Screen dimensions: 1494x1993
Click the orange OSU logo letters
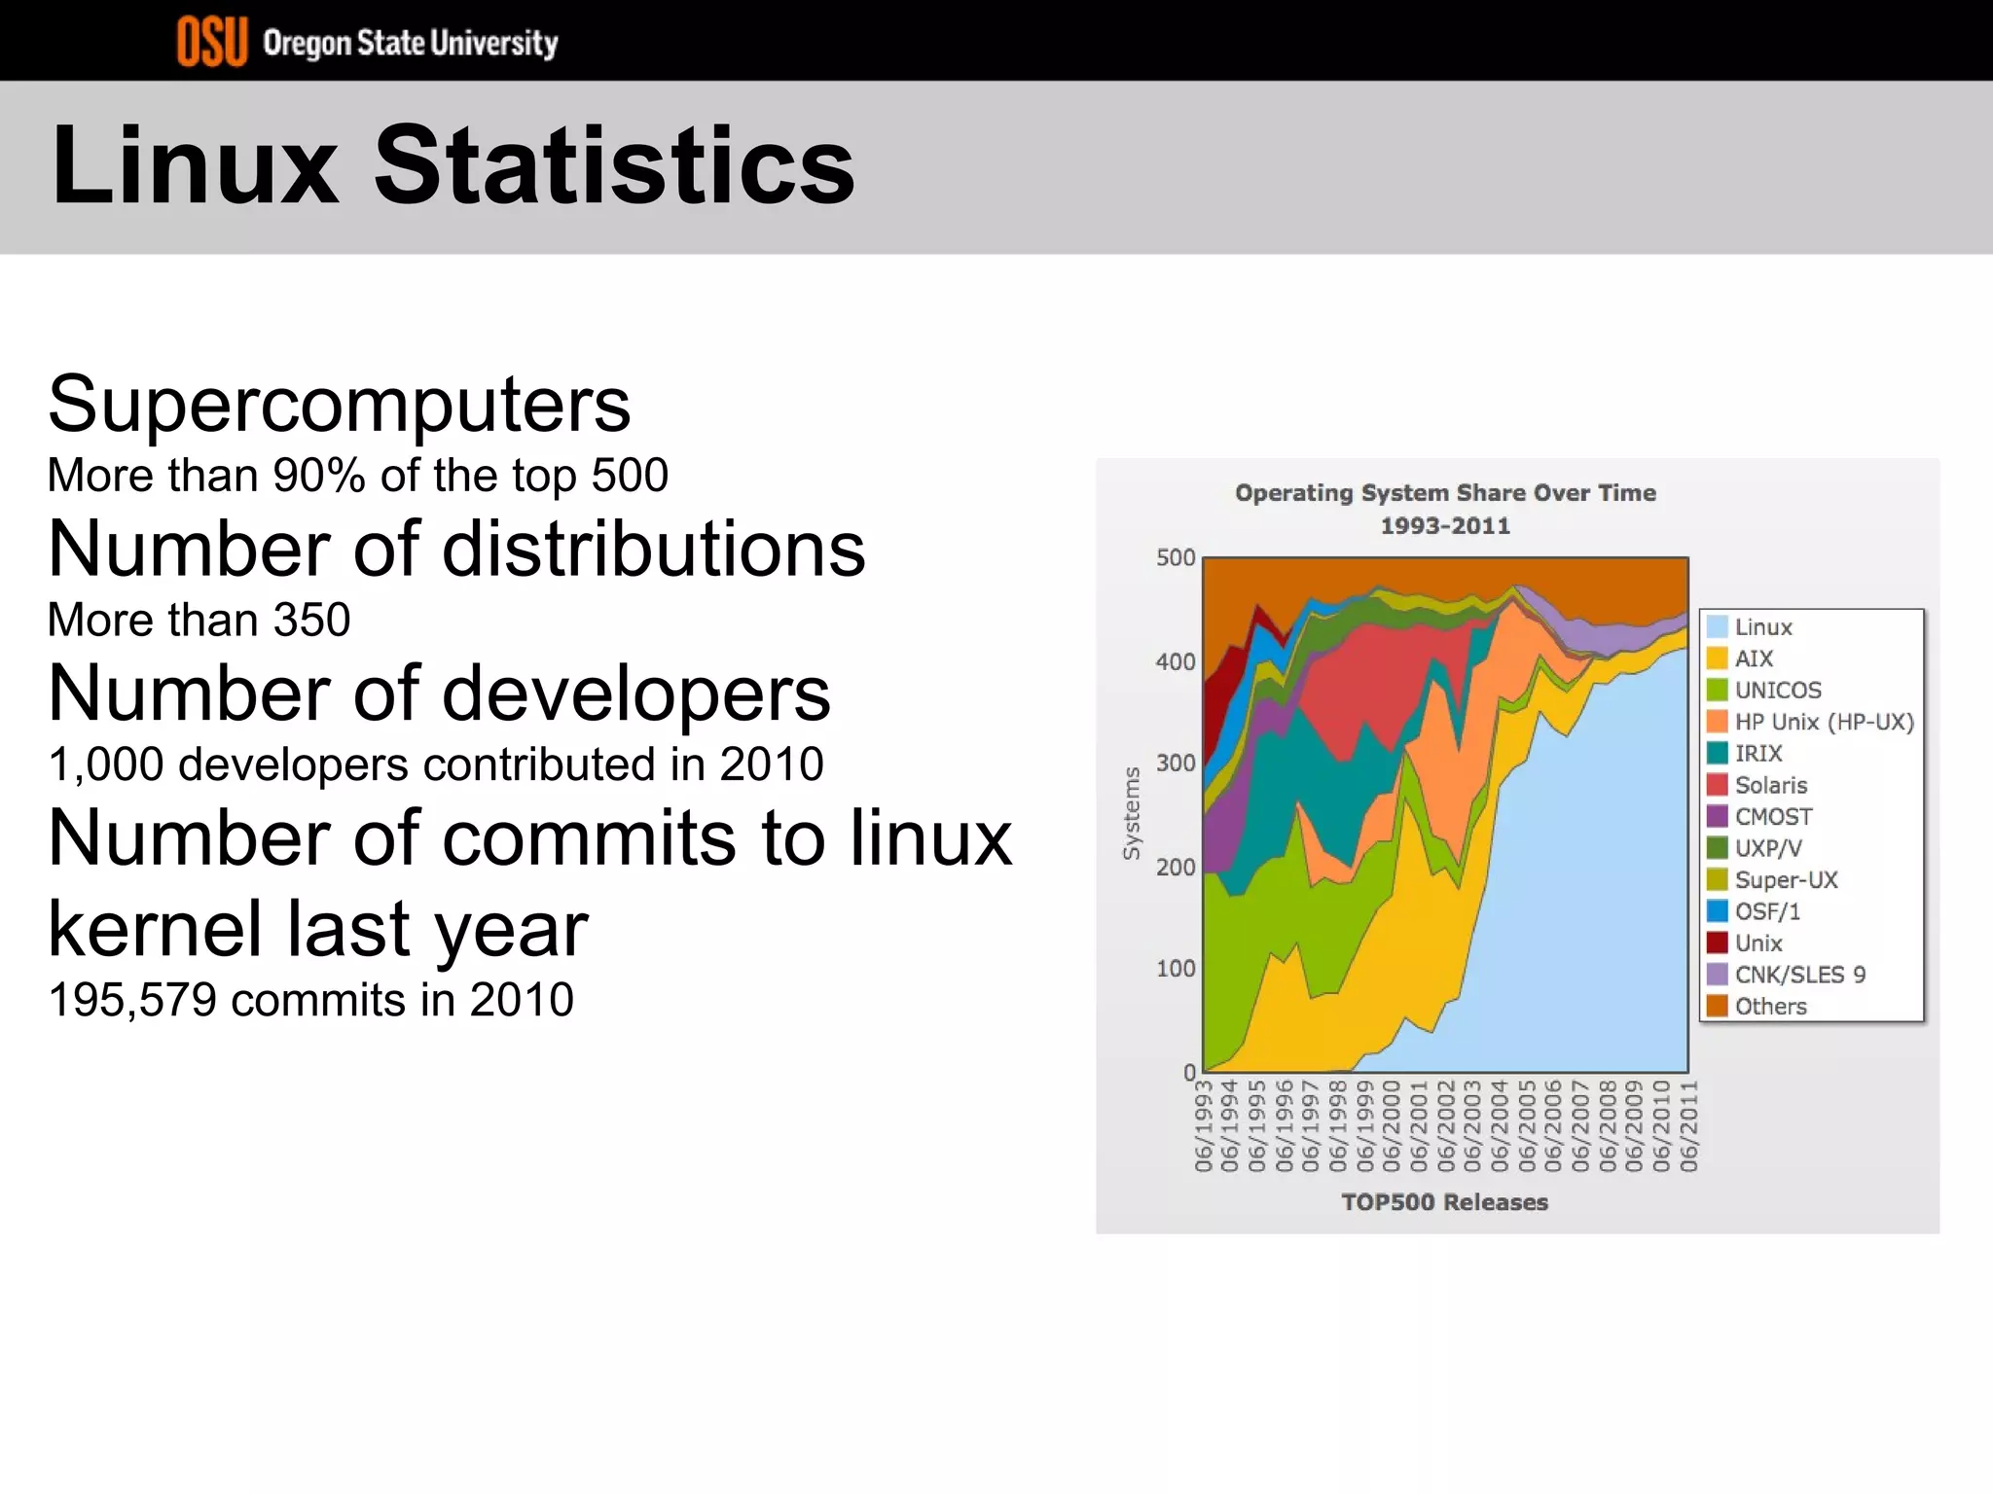pos(211,43)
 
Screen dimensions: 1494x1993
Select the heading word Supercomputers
pos(339,405)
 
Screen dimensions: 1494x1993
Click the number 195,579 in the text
pos(132,1000)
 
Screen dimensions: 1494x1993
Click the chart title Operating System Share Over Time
pos(1445,493)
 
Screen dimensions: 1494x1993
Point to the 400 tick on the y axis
pos(1175,662)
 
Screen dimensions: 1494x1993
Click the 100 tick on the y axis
pos(1175,969)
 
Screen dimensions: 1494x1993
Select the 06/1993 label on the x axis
pos(1204,1125)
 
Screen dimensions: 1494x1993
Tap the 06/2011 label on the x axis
pos(1689,1125)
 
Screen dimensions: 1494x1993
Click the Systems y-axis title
pos(1131,813)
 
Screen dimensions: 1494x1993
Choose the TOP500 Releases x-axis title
pos(1444,1202)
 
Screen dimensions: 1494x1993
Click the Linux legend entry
pos(1762,627)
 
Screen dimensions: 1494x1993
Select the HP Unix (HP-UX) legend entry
pos(1823,722)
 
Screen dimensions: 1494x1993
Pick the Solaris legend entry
pos(1770,785)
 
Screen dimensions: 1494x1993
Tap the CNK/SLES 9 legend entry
pos(1799,975)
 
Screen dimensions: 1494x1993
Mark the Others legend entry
pos(1770,1007)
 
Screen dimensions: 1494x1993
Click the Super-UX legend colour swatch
pos(1718,880)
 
